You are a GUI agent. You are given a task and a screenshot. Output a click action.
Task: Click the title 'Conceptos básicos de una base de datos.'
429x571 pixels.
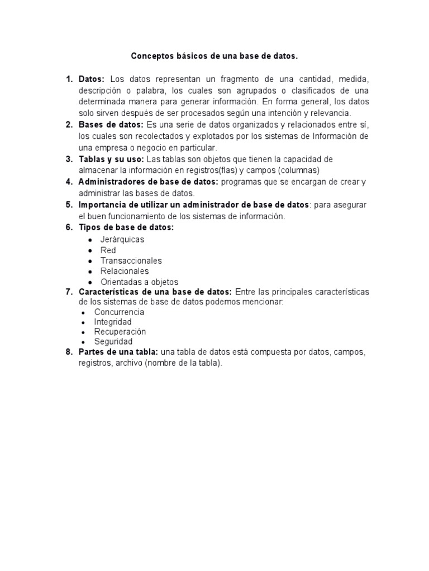pyautogui.click(x=214, y=56)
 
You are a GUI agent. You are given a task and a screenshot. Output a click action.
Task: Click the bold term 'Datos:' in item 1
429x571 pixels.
pyautogui.click(x=92, y=79)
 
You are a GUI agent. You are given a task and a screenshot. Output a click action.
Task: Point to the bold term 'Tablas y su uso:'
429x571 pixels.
pyautogui.click(x=111, y=159)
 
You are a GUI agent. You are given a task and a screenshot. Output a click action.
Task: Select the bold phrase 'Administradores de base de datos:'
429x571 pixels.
pyautogui.click(x=149, y=182)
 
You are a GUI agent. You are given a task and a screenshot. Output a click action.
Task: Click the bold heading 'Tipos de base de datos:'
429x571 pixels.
pyautogui.click(x=126, y=228)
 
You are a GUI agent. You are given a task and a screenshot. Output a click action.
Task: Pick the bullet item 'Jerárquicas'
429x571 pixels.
pyautogui.click(x=122, y=239)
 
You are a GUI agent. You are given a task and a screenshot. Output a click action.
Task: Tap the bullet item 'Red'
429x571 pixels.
pyautogui.click(x=108, y=250)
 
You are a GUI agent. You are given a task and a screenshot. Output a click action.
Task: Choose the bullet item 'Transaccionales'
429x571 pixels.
pyautogui.click(x=131, y=260)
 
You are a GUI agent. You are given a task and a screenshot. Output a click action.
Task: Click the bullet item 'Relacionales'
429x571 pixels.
pyautogui.click(x=125, y=271)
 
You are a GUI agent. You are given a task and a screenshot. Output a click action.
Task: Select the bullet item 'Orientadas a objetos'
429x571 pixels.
pyautogui.click(x=139, y=282)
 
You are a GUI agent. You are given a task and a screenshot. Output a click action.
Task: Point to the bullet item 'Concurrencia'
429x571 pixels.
pyautogui.click(x=119, y=312)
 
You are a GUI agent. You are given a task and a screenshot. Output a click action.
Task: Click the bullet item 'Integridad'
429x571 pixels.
pyautogui.click(x=113, y=322)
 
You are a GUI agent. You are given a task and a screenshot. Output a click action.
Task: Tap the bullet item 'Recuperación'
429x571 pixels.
pyautogui.click(x=120, y=332)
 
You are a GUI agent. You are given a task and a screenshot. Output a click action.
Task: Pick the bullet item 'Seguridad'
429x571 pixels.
pyautogui.click(x=113, y=341)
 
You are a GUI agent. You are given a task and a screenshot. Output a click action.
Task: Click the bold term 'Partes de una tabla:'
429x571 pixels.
pyautogui.click(x=118, y=352)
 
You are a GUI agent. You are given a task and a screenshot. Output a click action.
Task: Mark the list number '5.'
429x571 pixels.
pyautogui.click(x=69, y=205)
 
